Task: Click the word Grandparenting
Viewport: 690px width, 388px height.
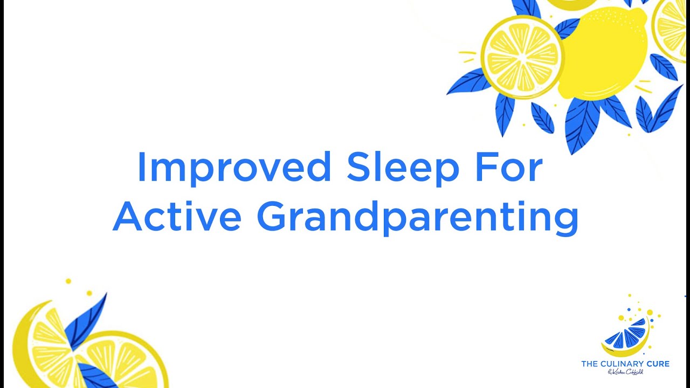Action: click(417, 217)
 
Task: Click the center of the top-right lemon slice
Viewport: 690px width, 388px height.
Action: click(521, 57)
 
